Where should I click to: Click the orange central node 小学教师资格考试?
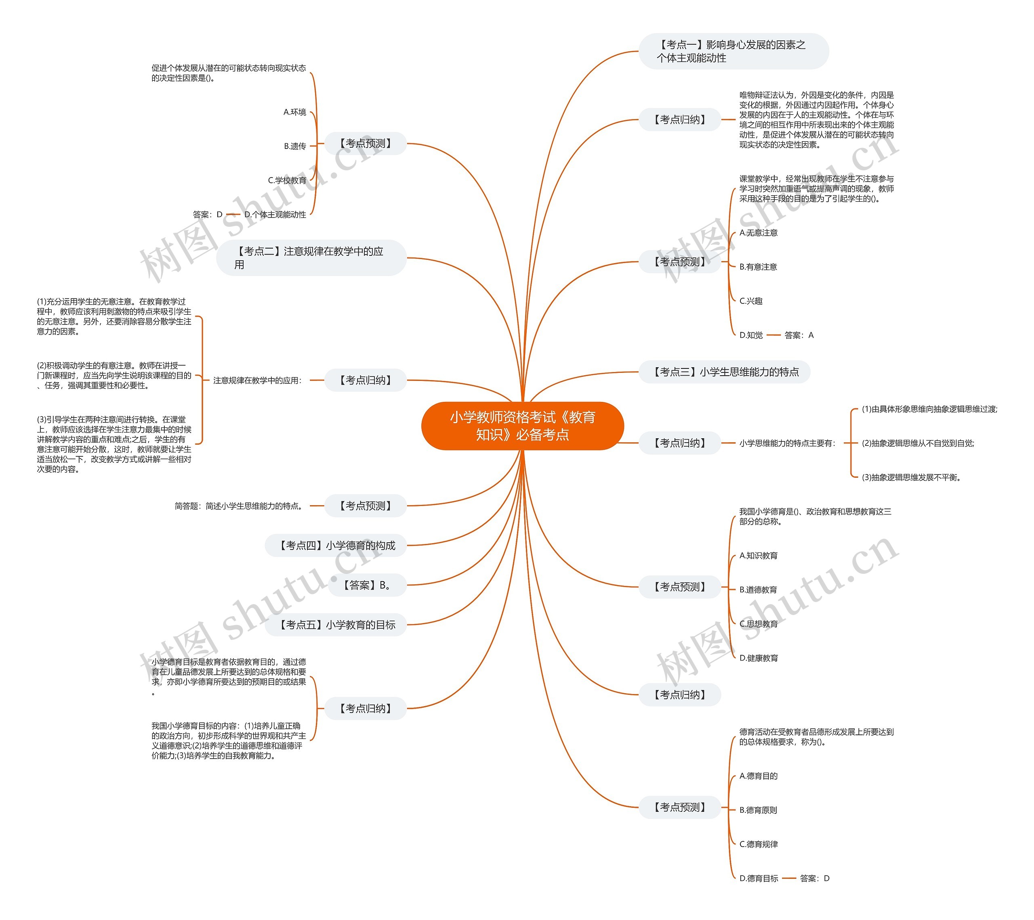[522, 426]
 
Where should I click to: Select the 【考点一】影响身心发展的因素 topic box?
[733, 51]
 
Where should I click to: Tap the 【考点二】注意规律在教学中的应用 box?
[311, 258]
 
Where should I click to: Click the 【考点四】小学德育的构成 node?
[335, 546]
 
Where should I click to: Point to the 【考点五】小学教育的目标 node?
[335, 625]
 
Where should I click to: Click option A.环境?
[294, 112]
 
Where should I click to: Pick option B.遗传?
[294, 146]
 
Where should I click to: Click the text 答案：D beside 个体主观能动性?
[208, 214]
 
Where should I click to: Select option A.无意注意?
[758, 232]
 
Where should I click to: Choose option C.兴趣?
[751, 301]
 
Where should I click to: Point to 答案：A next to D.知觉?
[799, 335]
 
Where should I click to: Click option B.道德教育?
[758, 590]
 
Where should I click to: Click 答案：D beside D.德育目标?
[814, 878]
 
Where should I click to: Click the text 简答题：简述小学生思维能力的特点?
[239, 506]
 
